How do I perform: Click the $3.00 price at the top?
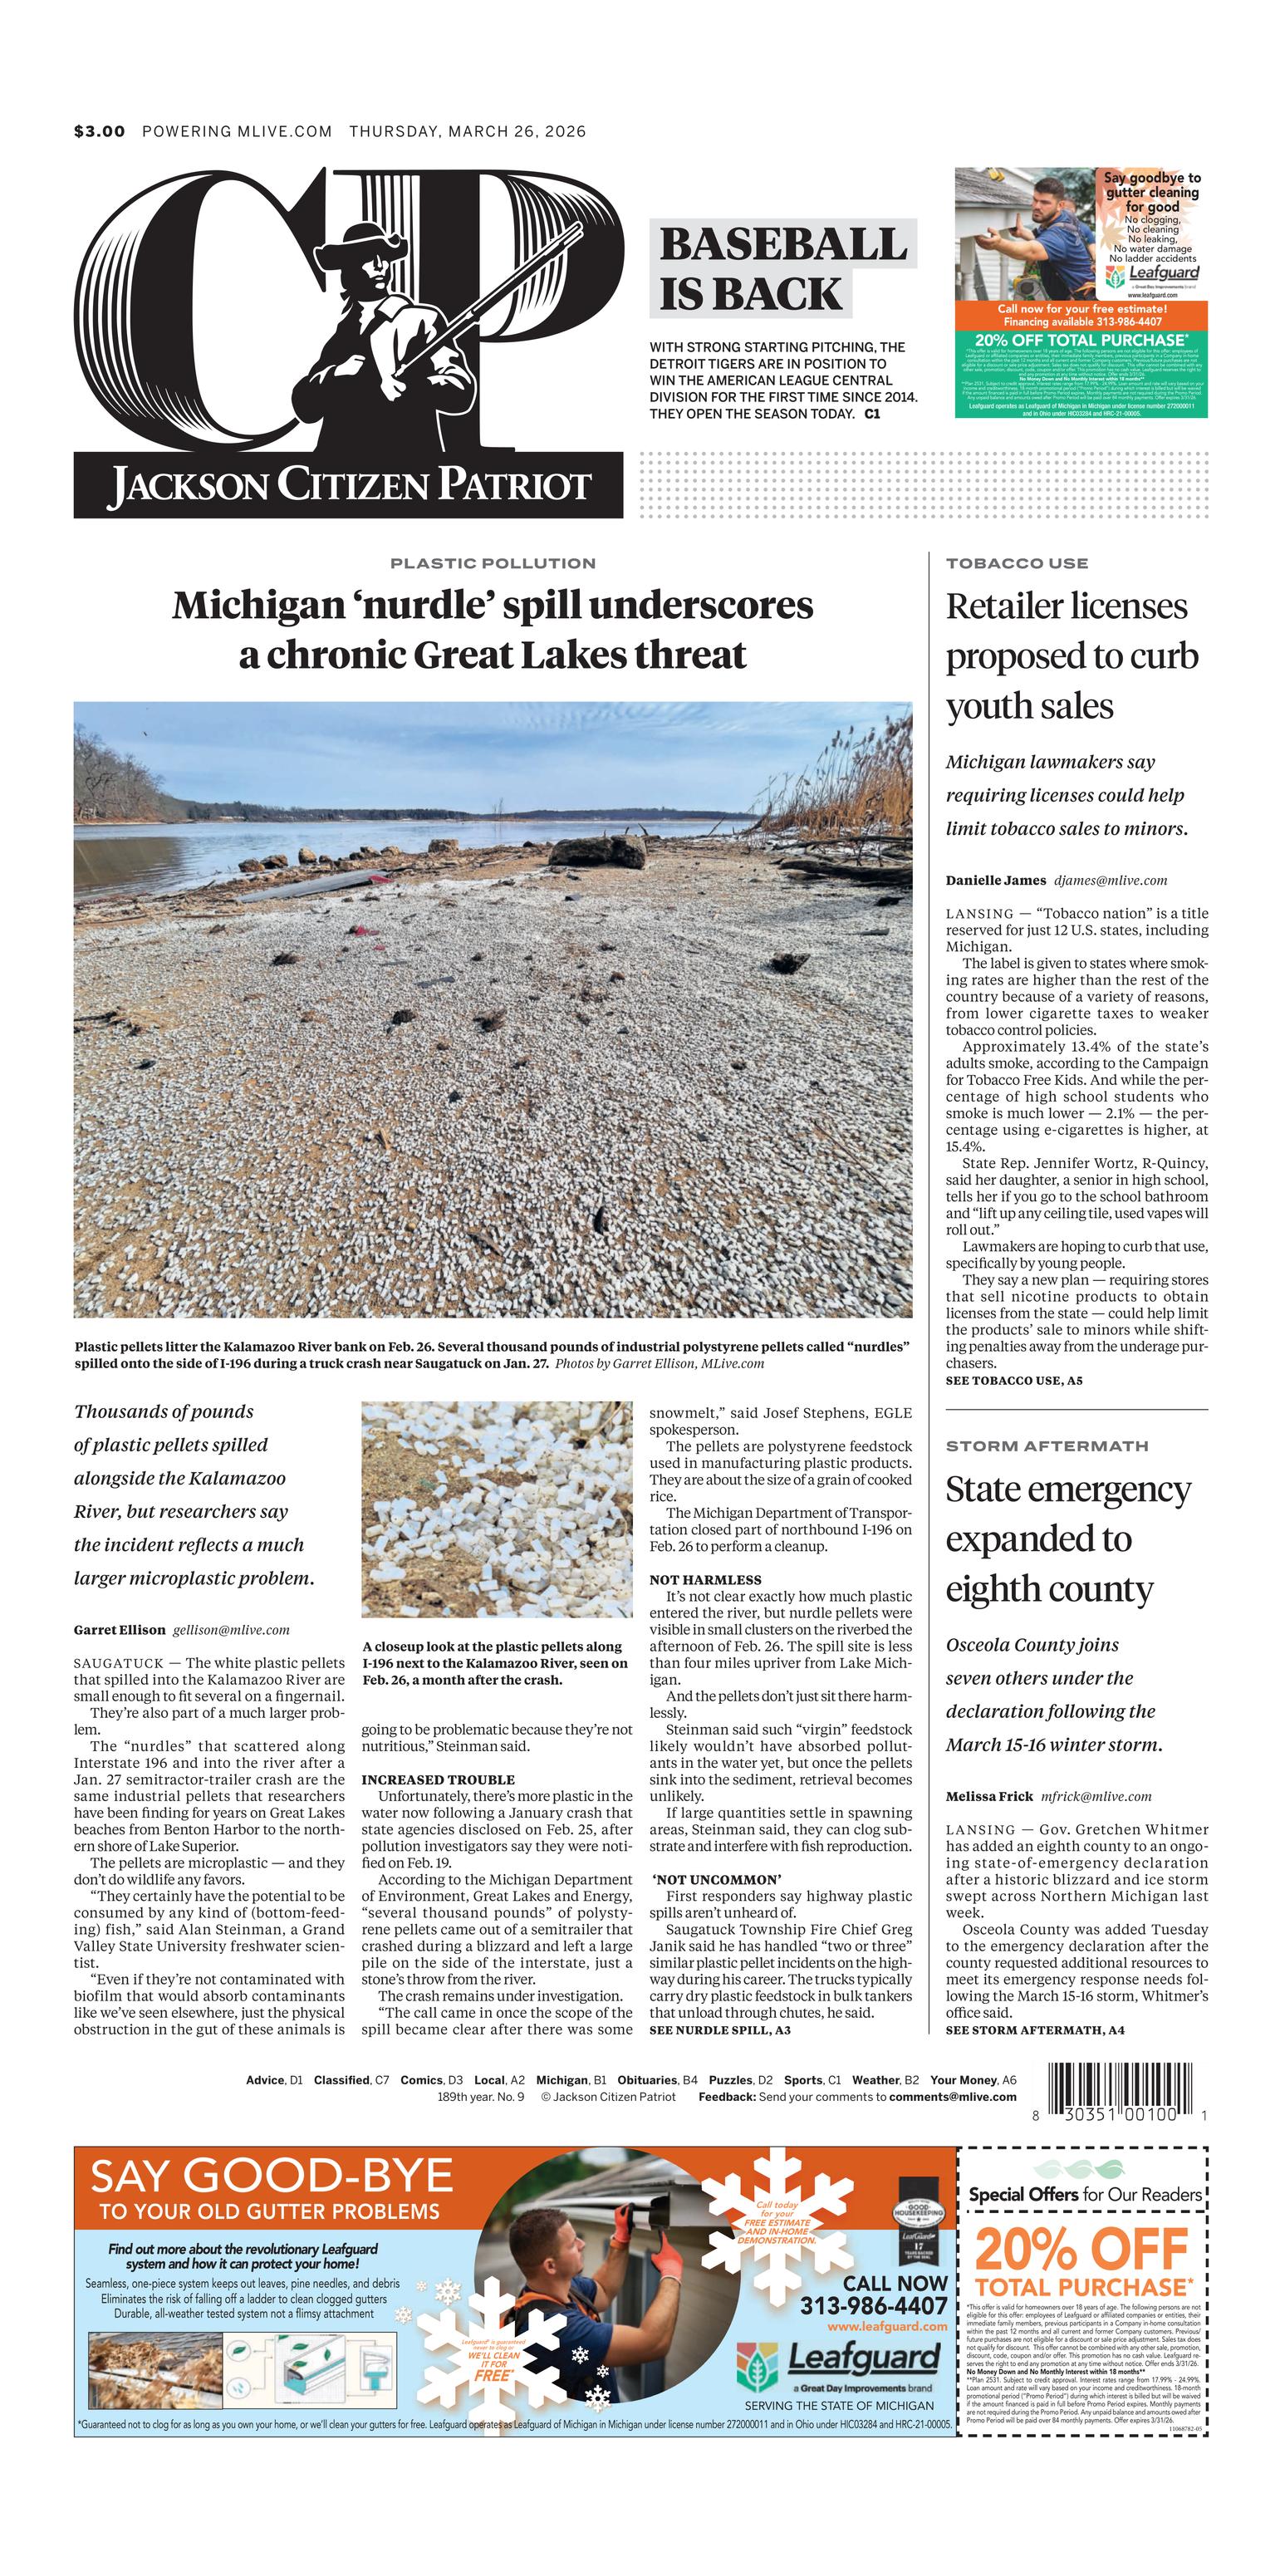click(100, 131)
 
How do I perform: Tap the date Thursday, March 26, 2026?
click(468, 131)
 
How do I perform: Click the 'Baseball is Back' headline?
click(782, 268)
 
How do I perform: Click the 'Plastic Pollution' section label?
click(493, 563)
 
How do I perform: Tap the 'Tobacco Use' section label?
click(1017, 563)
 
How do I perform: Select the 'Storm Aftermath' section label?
click(1047, 1446)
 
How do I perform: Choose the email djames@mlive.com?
click(1110, 881)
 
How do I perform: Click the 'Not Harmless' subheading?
click(705, 1579)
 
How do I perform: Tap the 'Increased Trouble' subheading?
click(438, 1779)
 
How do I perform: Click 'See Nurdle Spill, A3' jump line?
click(719, 2029)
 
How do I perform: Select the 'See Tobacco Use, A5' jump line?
click(1013, 1381)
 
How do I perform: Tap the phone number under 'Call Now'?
click(873, 2305)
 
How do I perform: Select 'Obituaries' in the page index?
click(647, 2079)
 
